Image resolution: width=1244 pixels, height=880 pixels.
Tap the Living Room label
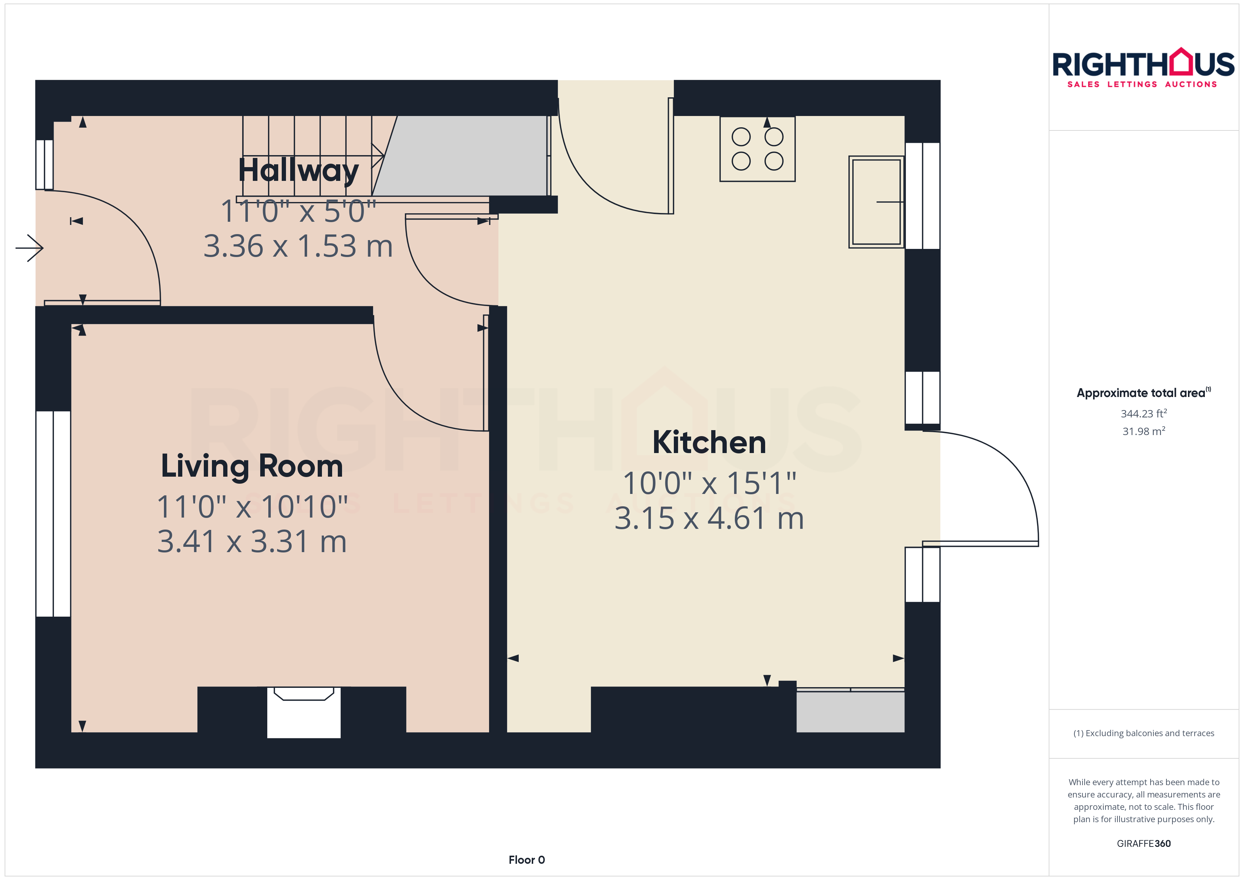tap(252, 466)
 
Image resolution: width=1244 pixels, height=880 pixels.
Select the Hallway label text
tap(299, 171)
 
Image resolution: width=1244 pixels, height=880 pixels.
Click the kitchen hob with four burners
tap(757, 149)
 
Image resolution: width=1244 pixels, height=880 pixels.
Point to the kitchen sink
tap(876, 202)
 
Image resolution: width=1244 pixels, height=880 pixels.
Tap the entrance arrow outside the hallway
tap(29, 248)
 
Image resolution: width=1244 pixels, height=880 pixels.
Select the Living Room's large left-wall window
tap(53, 514)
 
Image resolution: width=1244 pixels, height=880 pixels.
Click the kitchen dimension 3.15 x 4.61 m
tap(709, 519)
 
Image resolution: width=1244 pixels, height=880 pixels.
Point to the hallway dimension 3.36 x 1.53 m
tap(298, 246)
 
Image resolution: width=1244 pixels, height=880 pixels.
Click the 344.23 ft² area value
tap(1144, 414)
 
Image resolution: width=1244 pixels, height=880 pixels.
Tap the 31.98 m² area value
tap(1144, 431)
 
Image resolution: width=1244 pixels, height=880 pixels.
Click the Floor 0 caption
tap(527, 860)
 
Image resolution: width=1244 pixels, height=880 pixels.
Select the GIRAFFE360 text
tap(1144, 844)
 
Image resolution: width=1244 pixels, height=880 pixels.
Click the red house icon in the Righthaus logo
tap(1181, 61)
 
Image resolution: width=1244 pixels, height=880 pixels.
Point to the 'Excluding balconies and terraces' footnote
tap(1144, 733)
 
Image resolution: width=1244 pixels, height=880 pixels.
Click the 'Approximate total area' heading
tap(1143, 393)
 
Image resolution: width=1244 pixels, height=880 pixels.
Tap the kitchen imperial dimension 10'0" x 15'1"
tap(709, 483)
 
